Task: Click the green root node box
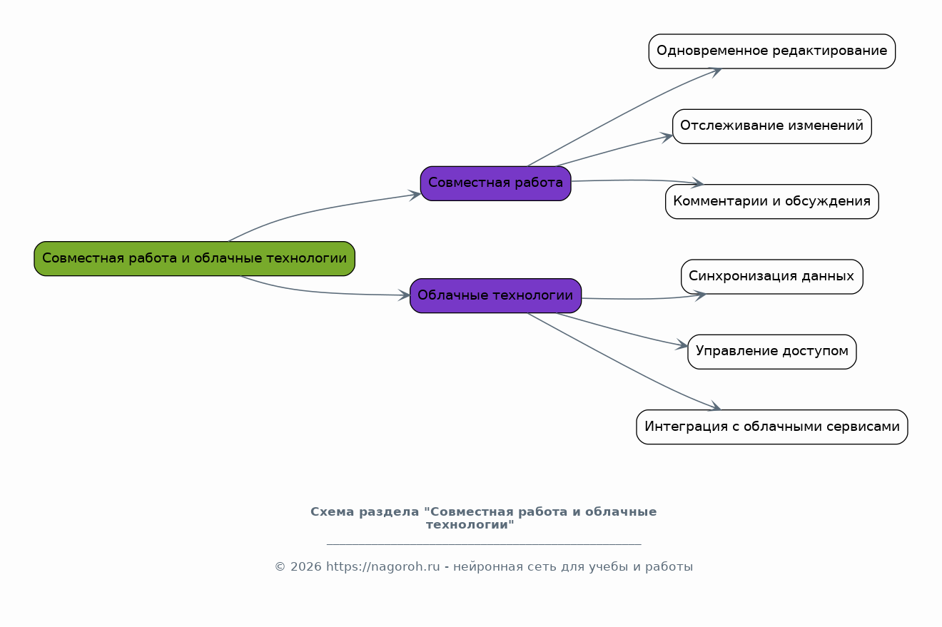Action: (194, 258)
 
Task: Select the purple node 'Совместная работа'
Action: (495, 183)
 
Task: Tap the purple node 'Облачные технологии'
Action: (495, 295)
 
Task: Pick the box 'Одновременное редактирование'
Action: (771, 51)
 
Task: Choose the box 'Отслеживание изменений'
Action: (771, 126)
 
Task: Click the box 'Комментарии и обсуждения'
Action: (771, 201)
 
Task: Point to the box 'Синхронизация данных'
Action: (771, 277)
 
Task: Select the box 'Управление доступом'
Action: (771, 352)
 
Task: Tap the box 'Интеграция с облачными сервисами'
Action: (771, 427)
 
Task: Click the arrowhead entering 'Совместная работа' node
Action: (415, 195)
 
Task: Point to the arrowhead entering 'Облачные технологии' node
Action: (404, 295)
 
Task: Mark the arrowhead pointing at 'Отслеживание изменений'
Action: (667, 137)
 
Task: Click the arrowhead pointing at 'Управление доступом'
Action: (682, 345)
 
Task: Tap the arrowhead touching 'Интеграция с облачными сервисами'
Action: (714, 406)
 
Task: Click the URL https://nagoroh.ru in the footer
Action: (383, 566)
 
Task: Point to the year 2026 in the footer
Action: (305, 566)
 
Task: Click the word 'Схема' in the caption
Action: (333, 512)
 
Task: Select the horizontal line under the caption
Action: (484, 544)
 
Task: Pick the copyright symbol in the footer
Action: (280, 566)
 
